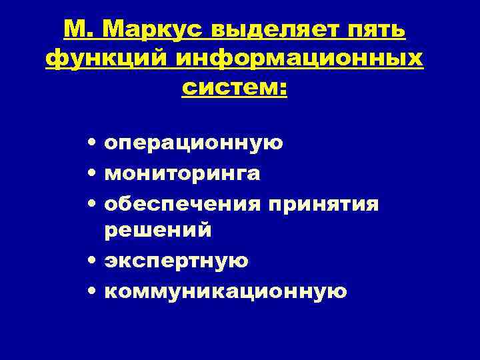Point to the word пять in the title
click(x=379, y=30)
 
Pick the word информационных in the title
click(x=299, y=59)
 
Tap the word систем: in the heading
click(x=234, y=87)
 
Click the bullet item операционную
click(x=194, y=143)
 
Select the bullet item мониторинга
click(x=183, y=173)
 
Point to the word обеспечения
click(x=183, y=203)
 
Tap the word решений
click(x=158, y=230)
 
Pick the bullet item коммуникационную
click(x=226, y=291)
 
